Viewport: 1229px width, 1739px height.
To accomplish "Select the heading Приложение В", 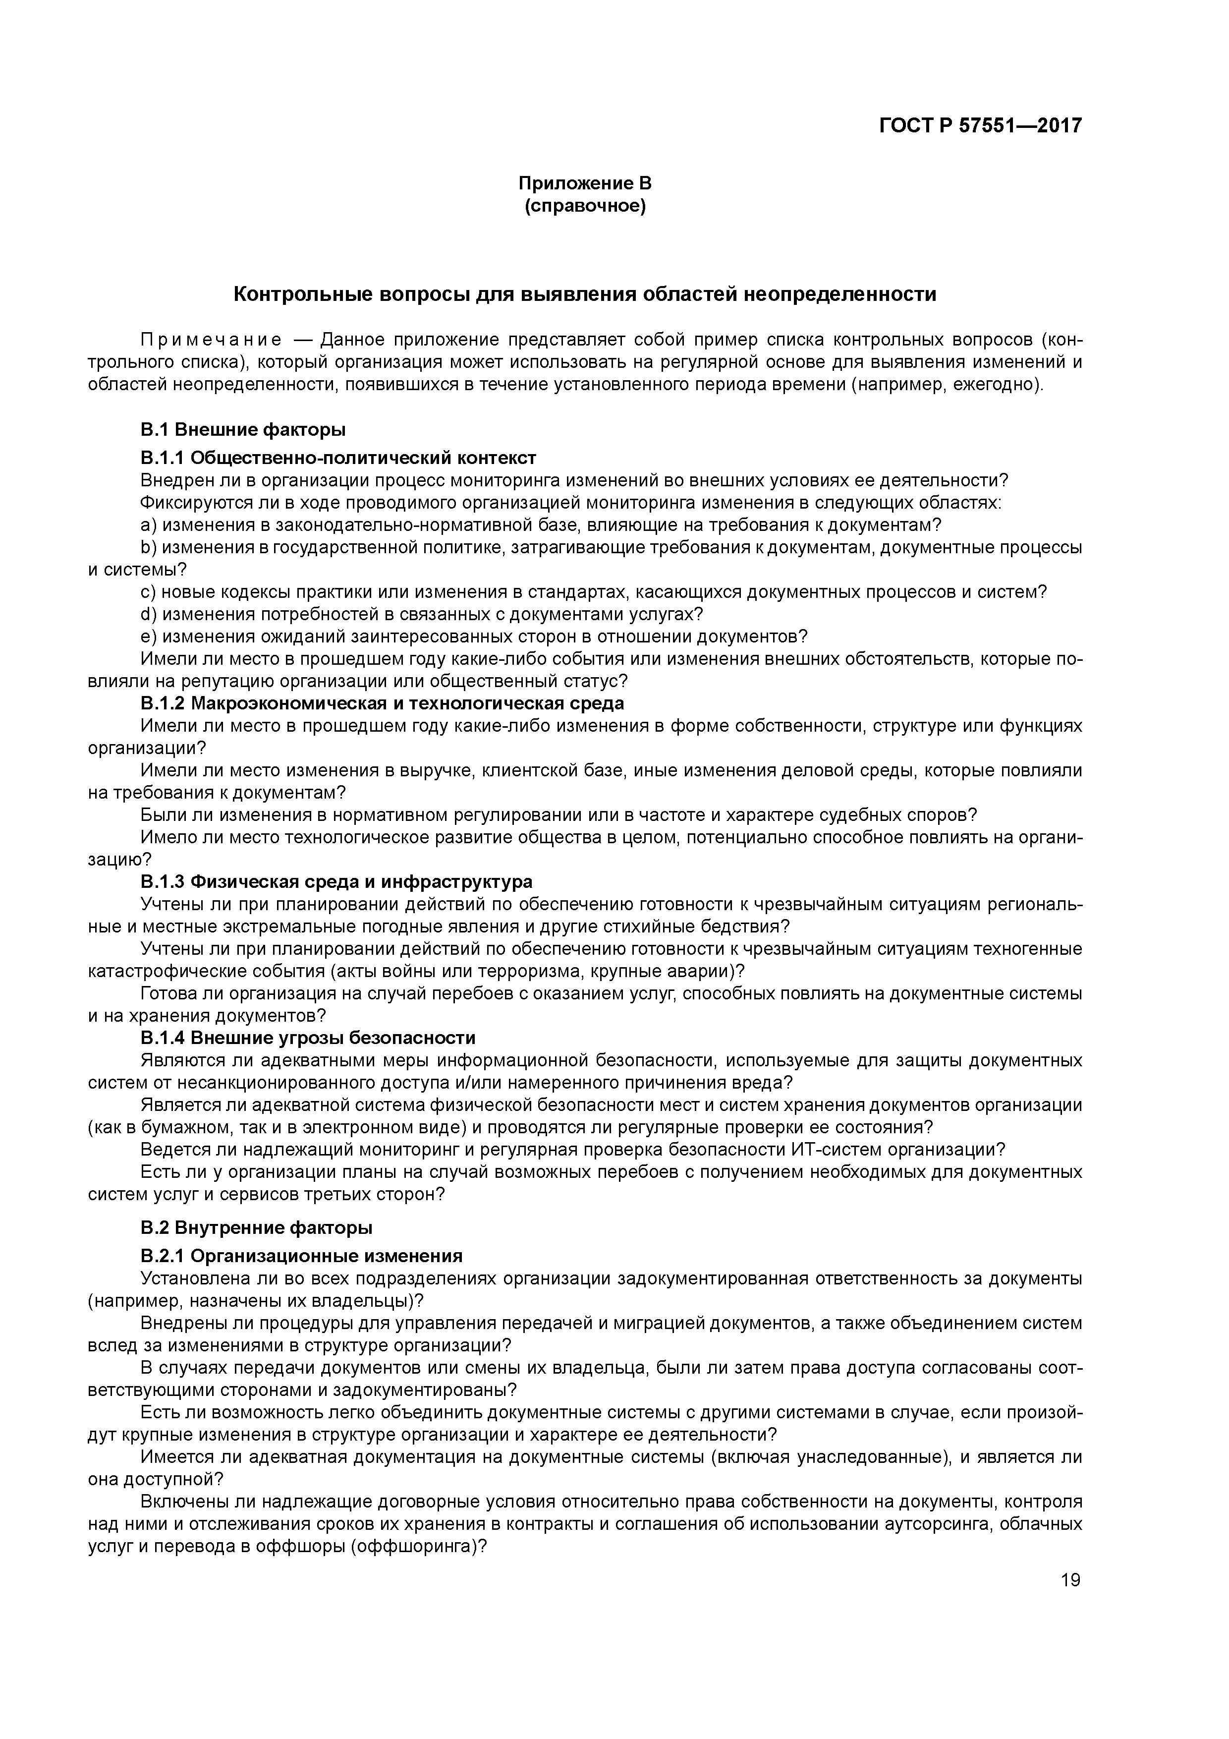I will pyautogui.click(x=585, y=183).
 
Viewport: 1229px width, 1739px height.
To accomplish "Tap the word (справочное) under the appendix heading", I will pyautogui.click(x=585, y=206).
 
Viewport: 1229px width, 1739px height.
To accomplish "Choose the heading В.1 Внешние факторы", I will pyautogui.click(x=243, y=430).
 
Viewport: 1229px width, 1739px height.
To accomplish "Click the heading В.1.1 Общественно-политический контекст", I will pyautogui.click(x=338, y=458).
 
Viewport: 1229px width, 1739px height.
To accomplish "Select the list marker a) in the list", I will pyautogui.click(x=148, y=525).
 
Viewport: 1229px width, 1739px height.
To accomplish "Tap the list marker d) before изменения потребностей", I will pyautogui.click(x=148, y=614).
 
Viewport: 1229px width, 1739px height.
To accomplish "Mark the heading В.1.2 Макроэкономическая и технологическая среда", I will pyautogui.click(x=383, y=703).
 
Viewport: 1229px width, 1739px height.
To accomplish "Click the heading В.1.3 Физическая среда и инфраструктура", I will pyautogui.click(x=336, y=882).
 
